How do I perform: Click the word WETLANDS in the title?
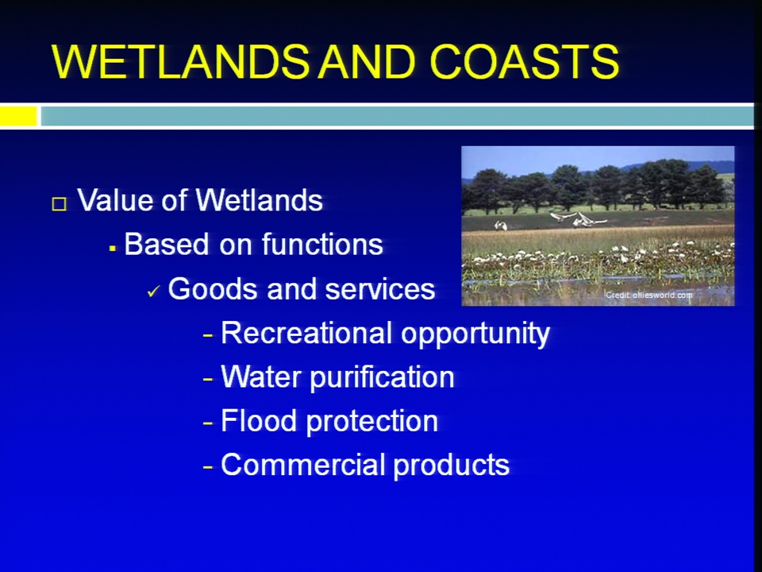[x=180, y=62]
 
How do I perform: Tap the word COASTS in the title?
[x=525, y=62]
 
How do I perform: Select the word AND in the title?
[x=367, y=62]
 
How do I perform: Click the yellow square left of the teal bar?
[x=18, y=117]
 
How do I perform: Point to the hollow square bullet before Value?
[x=59, y=203]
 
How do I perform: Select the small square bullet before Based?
[x=113, y=249]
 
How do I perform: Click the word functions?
[x=322, y=244]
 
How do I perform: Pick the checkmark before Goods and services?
[x=153, y=291]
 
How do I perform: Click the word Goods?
[x=214, y=288]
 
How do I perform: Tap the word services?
[x=379, y=289]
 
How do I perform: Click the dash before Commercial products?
[x=208, y=467]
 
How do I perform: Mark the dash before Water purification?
[x=208, y=379]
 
